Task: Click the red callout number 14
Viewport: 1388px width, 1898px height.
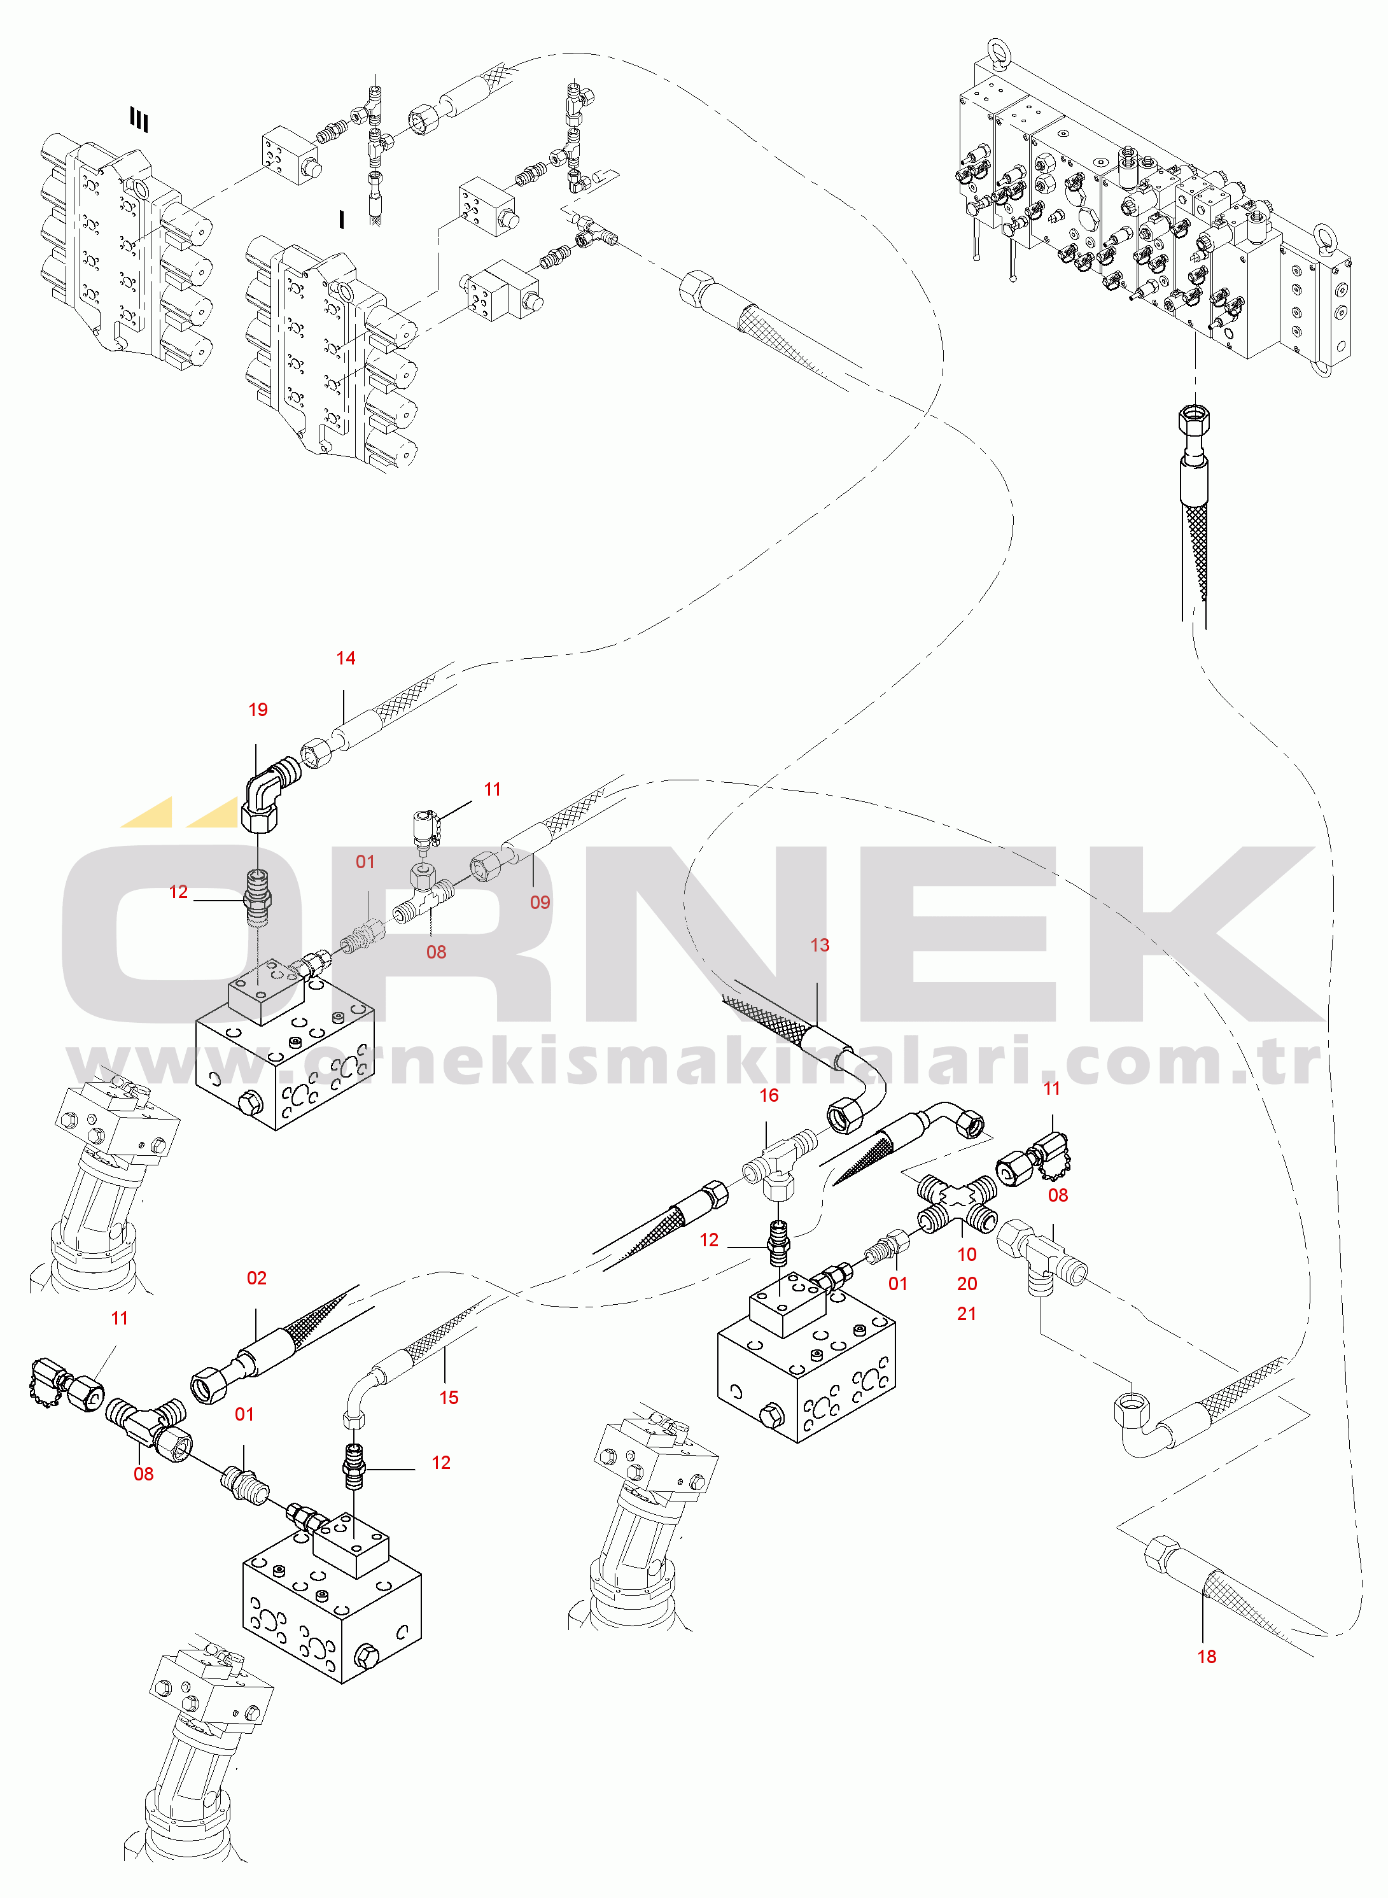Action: click(346, 659)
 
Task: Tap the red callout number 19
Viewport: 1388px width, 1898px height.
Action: click(258, 710)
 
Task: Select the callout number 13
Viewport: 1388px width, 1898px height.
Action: click(819, 945)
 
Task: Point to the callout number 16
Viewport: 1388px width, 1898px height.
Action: click(769, 1095)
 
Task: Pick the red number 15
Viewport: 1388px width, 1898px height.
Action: click(449, 1398)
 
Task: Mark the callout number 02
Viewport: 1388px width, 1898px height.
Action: click(256, 1279)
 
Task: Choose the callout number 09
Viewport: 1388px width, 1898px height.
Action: click(540, 903)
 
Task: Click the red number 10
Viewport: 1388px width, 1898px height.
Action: click(967, 1255)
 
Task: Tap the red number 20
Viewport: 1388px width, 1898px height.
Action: click(967, 1284)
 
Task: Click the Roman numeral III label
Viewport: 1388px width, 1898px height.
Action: click(139, 120)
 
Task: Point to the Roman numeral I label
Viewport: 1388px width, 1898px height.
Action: click(341, 220)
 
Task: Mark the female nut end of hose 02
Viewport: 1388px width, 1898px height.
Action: click(207, 1384)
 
